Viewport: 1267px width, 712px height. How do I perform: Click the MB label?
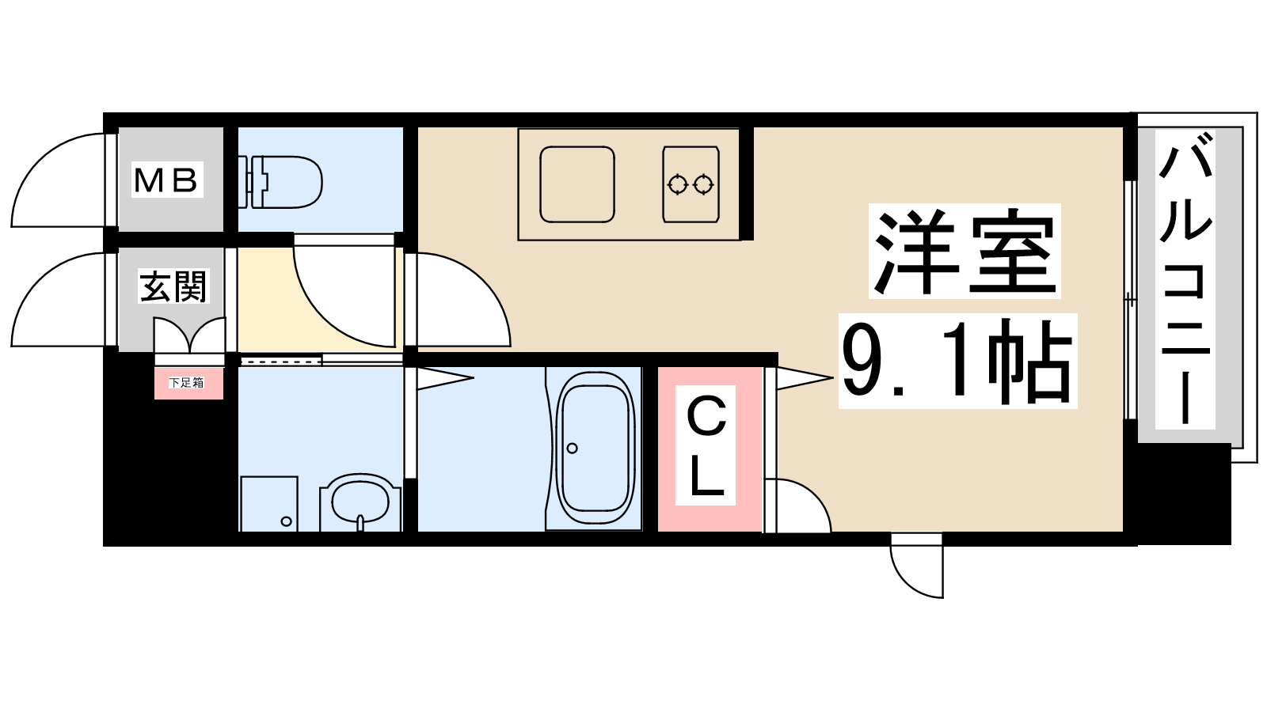click(166, 180)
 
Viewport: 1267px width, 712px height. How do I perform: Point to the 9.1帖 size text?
click(957, 361)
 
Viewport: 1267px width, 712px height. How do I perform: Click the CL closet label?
click(706, 445)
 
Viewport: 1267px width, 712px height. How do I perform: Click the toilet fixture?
click(280, 183)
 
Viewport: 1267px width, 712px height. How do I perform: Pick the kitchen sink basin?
click(577, 184)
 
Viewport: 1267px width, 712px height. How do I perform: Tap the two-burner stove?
click(691, 184)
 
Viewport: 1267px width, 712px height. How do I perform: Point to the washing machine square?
click(268, 504)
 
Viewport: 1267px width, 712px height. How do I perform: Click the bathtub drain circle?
click(572, 448)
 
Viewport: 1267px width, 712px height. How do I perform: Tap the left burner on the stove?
click(677, 185)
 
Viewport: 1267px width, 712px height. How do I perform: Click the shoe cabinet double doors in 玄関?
click(189, 335)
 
